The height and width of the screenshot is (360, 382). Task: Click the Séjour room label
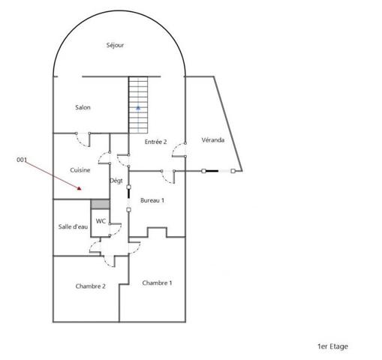coord(115,45)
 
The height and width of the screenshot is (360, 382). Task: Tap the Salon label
coord(83,107)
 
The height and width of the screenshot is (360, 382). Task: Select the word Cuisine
coord(80,170)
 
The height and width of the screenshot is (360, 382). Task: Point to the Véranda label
coord(213,139)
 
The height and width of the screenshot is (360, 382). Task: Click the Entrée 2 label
coord(155,142)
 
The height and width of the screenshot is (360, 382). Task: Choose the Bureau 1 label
coord(152,200)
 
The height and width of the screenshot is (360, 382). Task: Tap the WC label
coord(101,221)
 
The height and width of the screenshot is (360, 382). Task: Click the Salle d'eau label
coord(73,226)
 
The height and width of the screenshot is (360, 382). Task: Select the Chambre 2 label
coord(90,286)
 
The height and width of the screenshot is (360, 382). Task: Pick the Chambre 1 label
coord(157,283)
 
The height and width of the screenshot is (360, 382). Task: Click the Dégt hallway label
coord(116,181)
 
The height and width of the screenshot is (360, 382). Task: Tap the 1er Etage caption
coord(332,346)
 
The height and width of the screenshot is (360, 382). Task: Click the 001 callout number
coord(22,160)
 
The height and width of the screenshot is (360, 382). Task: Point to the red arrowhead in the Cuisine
coord(79,188)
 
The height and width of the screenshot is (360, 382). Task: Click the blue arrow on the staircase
coord(138,108)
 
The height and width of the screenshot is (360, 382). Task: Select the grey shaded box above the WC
coord(100,204)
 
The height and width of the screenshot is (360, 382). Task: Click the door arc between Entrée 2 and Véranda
coord(176,148)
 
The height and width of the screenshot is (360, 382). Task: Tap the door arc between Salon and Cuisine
coord(81,141)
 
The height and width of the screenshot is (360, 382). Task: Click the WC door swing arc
coord(118,231)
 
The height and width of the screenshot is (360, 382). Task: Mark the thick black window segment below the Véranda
coord(212,171)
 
